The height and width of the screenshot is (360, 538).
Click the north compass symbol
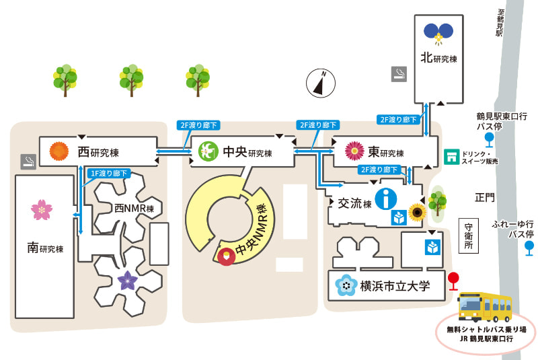(321, 83)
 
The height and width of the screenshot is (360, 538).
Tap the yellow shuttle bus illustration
(485, 306)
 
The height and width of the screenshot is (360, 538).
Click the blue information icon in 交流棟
(385, 199)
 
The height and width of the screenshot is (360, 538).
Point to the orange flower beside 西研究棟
(59, 151)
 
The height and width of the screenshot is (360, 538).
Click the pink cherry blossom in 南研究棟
(42, 210)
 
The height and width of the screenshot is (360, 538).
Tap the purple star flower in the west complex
(127, 281)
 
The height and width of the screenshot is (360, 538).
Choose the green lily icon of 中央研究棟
(208, 151)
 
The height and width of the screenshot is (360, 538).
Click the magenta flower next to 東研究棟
(355, 151)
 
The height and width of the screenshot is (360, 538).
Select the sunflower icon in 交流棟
(417, 213)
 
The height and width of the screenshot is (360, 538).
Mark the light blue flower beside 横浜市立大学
(346, 285)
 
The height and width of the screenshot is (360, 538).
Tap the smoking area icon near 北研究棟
(399, 74)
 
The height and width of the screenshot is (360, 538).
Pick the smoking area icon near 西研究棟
(28, 161)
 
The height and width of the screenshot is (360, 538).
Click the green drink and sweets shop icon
(451, 157)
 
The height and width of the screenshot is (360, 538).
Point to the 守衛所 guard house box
(469, 236)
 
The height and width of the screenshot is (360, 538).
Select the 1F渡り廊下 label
(109, 174)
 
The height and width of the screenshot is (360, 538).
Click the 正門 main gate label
(485, 197)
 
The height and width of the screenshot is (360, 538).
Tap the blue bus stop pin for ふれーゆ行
(529, 248)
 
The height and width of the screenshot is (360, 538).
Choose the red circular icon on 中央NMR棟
(227, 256)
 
